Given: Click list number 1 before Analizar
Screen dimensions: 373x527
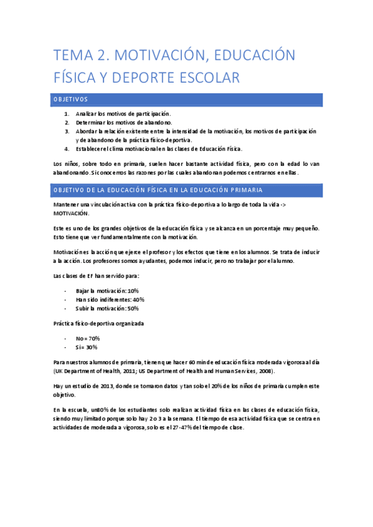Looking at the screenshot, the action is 67,114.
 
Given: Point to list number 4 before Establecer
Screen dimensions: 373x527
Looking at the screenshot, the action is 67,149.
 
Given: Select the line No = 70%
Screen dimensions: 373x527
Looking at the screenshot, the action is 87,338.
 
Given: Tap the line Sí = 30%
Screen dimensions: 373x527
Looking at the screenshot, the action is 87,347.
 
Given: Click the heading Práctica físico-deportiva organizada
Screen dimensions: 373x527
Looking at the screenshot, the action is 99,323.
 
